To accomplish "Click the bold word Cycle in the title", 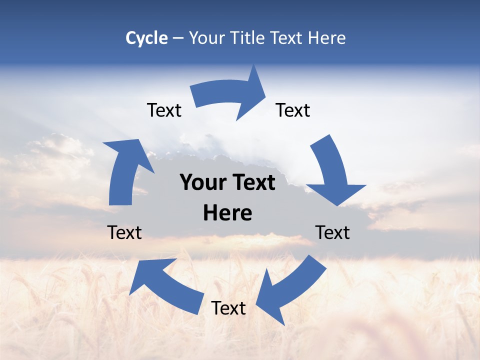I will click(146, 38).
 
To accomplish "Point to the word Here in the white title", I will click(326, 38).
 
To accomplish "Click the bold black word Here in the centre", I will click(227, 213).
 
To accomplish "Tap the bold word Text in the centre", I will click(252, 183).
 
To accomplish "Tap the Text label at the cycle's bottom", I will click(228, 308).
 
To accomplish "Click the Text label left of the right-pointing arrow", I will click(164, 110).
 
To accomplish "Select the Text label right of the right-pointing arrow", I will click(293, 110).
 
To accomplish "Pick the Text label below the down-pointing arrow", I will click(333, 232).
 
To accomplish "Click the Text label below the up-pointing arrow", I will click(125, 232).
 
